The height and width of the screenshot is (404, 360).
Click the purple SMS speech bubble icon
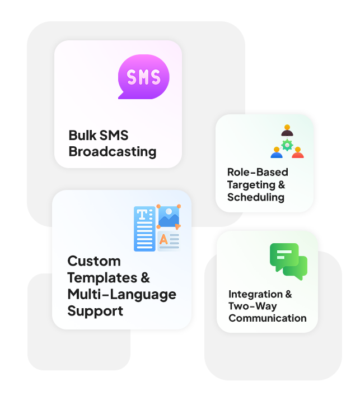[x=143, y=77]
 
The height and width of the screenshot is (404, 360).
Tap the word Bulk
[x=81, y=136]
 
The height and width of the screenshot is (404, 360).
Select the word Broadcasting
[x=112, y=151]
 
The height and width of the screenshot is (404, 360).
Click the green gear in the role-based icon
[x=287, y=145]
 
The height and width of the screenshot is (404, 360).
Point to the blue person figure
[x=277, y=152]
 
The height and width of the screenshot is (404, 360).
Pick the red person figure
[x=298, y=152]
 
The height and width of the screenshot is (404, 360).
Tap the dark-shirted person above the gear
[x=287, y=131]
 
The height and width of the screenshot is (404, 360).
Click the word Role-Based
[x=258, y=172]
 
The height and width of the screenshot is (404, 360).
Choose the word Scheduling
[x=255, y=197]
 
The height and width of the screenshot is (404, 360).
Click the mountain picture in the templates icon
[x=168, y=217]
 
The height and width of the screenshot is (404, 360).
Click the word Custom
[x=94, y=261]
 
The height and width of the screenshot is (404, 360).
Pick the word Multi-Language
[x=121, y=294]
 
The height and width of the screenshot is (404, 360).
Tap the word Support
[x=95, y=311]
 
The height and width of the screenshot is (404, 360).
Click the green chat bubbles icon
[x=289, y=261]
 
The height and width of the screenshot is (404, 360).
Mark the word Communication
[x=267, y=318]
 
